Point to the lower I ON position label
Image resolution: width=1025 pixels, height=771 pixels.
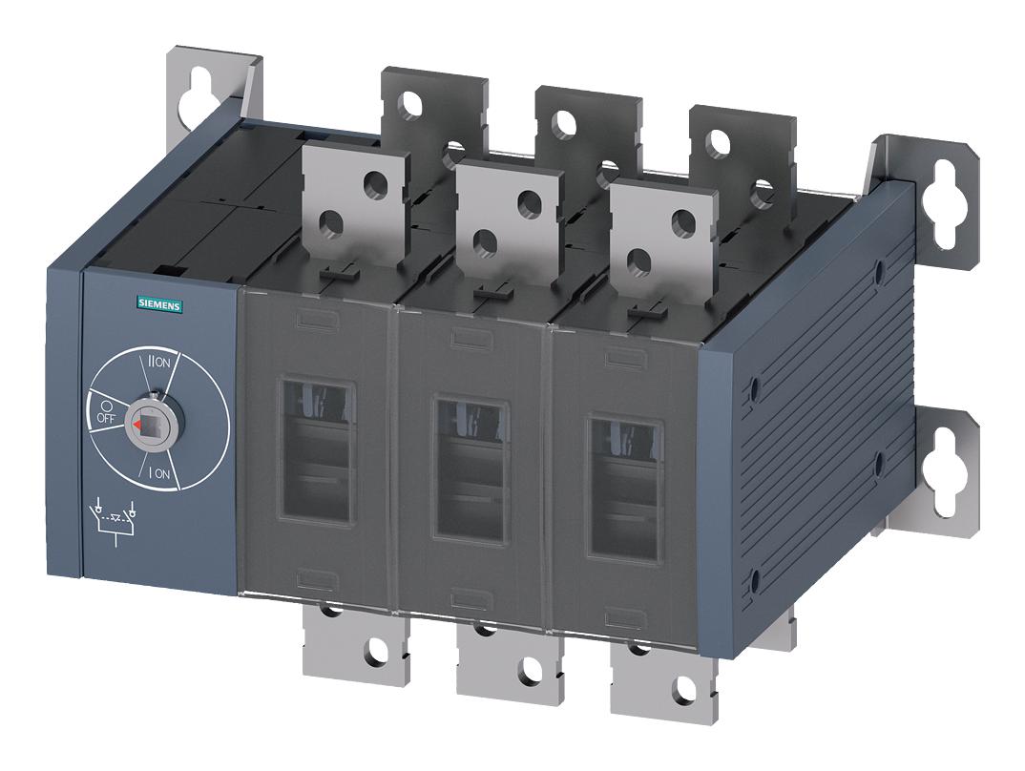(158, 471)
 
